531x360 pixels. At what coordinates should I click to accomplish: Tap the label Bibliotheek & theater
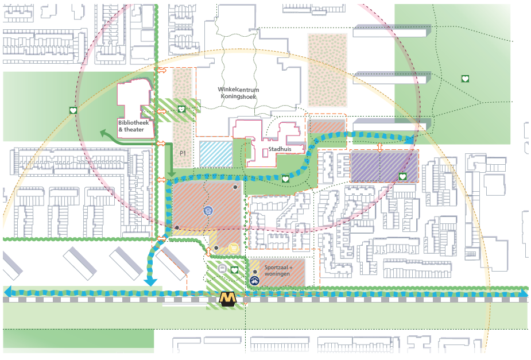click(131, 126)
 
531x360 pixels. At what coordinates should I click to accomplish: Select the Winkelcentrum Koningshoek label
click(238, 94)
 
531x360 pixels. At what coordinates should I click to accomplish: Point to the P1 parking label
click(183, 153)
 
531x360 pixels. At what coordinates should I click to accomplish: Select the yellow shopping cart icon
click(232, 247)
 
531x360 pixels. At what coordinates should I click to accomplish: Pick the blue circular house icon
click(208, 211)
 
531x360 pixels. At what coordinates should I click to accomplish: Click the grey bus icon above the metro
click(222, 268)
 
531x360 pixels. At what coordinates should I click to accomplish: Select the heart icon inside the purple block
click(403, 176)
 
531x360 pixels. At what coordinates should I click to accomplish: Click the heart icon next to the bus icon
click(234, 269)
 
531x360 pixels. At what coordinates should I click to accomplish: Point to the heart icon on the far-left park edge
click(73, 110)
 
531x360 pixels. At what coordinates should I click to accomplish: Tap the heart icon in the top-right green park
click(464, 79)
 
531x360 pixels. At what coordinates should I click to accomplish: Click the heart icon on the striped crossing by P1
click(181, 109)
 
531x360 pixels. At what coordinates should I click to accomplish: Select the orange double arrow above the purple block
click(379, 147)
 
